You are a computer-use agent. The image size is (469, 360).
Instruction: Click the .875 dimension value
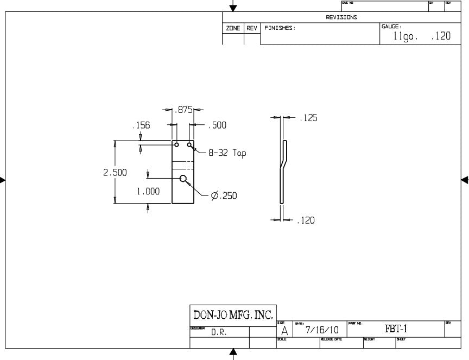coord(184,110)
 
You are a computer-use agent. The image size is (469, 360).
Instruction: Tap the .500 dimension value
coord(217,125)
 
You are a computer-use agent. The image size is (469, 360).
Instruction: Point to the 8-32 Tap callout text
coord(227,153)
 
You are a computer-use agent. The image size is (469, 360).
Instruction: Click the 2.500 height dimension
coord(115,173)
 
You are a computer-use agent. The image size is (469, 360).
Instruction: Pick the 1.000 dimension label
coord(148,191)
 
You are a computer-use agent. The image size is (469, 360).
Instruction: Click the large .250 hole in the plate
coord(183,179)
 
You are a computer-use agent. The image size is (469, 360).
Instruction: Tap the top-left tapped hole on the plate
coord(176,145)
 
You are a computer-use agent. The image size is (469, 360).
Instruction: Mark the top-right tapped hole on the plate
coord(189,145)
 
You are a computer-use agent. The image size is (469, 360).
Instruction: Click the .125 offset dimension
coord(308,118)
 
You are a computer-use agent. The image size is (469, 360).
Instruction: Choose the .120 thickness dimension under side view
coord(306,220)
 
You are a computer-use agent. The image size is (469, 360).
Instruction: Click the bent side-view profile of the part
coord(283,171)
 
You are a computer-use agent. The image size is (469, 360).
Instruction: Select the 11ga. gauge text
coord(405,37)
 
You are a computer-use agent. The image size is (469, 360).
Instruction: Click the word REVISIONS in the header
coord(341,17)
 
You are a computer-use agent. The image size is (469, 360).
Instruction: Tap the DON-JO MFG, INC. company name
coord(233,314)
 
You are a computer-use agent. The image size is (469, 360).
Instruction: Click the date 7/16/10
coord(322,330)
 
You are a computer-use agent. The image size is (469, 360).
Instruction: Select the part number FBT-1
coord(396,329)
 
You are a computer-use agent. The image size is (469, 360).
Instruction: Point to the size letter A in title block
coord(284,331)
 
